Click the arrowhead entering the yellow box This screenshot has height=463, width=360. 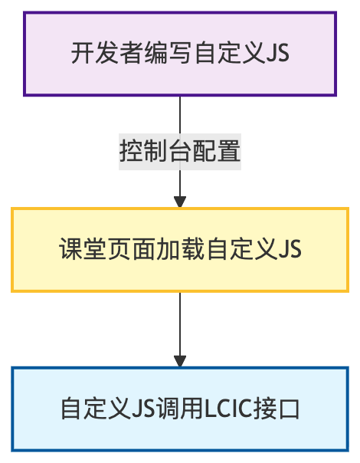[180, 202]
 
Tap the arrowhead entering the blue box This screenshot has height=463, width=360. [180, 361]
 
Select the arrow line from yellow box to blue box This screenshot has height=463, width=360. [180, 322]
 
